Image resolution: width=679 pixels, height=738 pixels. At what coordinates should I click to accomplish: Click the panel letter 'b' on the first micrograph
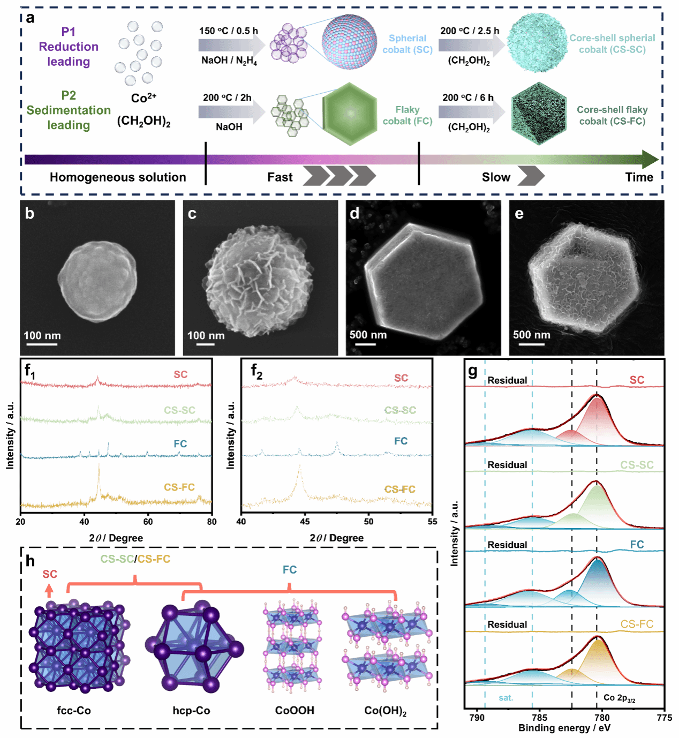[x=30, y=214]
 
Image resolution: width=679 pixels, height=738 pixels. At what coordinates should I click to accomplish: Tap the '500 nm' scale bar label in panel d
[x=368, y=335]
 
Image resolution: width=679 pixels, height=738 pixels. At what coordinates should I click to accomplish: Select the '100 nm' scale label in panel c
[x=206, y=336]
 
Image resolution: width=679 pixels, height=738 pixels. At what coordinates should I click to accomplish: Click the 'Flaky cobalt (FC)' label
[x=407, y=115]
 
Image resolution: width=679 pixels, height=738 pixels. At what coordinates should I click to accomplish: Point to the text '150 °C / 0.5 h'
[x=229, y=31]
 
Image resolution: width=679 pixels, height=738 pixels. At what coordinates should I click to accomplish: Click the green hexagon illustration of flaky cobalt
[x=350, y=114]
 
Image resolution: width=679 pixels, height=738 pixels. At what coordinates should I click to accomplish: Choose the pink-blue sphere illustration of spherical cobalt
[x=349, y=42]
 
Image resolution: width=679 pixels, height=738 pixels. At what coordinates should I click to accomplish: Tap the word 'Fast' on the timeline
[x=280, y=177]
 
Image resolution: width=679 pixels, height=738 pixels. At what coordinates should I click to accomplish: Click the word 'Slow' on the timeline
[x=496, y=177]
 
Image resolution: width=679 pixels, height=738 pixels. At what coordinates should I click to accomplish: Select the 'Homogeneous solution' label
[x=118, y=177]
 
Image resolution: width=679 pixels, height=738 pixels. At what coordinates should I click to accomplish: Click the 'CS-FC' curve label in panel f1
[x=179, y=487]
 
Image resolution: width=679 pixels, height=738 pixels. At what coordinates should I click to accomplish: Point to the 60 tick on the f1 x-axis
[x=148, y=522]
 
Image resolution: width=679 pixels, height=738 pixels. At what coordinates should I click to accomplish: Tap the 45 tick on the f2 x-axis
[x=305, y=522]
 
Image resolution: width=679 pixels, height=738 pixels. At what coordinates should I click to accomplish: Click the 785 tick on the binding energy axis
[x=539, y=718]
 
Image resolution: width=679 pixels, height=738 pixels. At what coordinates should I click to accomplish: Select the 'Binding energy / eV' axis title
[x=564, y=728]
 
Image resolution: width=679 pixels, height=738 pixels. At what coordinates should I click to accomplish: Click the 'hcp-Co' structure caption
[x=191, y=711]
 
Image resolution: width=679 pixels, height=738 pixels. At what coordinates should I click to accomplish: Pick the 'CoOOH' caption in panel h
[x=295, y=711]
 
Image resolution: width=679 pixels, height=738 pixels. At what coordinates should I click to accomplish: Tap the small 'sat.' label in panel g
[x=506, y=698]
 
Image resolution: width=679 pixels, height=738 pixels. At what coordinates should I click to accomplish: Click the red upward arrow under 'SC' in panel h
[x=49, y=590]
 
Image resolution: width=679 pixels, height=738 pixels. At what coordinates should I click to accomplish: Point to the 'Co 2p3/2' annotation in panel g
[x=619, y=698]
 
